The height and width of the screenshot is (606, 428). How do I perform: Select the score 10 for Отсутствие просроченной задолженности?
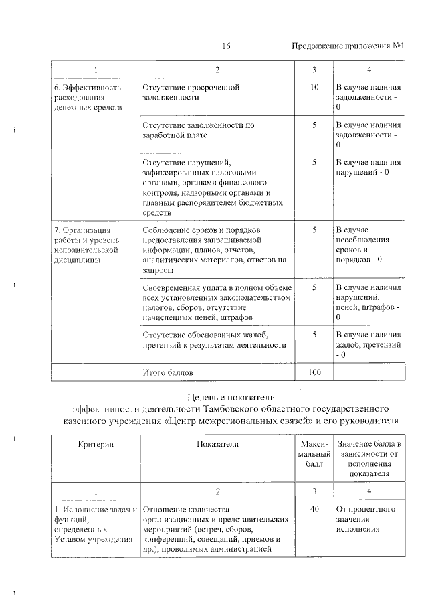[x=314, y=88]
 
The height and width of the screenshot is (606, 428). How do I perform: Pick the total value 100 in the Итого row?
[x=314, y=372]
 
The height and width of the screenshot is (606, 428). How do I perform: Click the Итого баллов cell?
[x=170, y=372]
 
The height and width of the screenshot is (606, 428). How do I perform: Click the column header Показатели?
[x=218, y=444]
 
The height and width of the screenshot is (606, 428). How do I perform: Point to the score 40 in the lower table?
[x=314, y=509]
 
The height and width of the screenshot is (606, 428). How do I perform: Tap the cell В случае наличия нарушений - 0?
[x=368, y=167]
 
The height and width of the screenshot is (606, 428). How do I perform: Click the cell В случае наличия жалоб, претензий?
[x=368, y=344]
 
